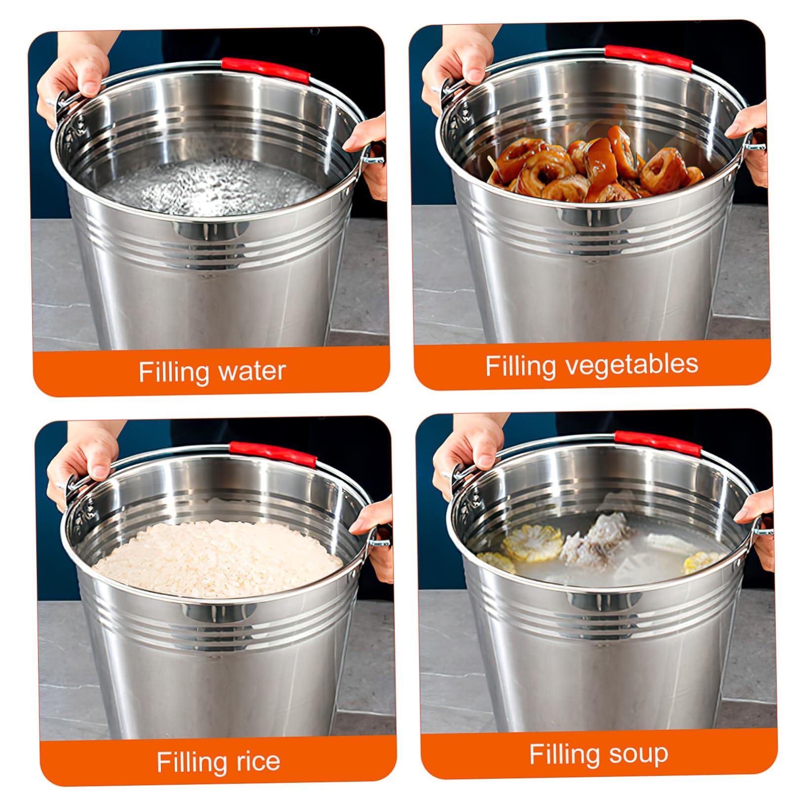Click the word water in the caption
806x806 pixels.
tap(252, 371)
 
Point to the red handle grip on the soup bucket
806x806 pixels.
tap(657, 443)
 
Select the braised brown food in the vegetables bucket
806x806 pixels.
tap(593, 163)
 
